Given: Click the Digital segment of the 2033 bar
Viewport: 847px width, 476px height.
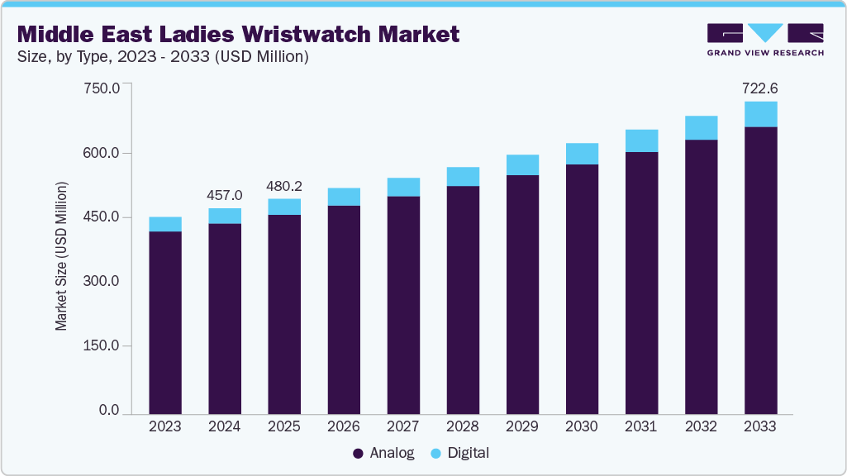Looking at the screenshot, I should point(760,114).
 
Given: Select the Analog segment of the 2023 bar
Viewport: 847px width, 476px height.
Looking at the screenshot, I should point(165,322).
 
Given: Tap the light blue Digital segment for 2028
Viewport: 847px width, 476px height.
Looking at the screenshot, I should point(463,176).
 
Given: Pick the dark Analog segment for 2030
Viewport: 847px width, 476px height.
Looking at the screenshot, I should point(582,289).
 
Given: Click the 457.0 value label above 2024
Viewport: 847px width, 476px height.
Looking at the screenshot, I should point(225,196).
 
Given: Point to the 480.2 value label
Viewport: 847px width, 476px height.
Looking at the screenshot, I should point(284,186).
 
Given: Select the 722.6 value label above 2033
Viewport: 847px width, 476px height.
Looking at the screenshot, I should point(760,88).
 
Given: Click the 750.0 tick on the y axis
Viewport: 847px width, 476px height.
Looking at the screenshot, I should point(103,88).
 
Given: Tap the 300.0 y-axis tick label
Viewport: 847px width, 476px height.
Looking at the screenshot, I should point(103,281).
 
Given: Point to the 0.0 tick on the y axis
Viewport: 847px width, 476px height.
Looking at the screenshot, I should point(110,410).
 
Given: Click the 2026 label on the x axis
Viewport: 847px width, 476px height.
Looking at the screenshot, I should point(344,426).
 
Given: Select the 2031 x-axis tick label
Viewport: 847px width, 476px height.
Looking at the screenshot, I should point(641,426).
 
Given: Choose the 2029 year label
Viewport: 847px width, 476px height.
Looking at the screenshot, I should point(522,426).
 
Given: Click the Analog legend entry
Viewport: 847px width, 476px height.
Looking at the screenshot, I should point(384,453).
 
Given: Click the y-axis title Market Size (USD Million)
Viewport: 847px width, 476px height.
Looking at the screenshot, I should point(62,254).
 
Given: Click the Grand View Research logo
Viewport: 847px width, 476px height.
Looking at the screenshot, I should point(765,39).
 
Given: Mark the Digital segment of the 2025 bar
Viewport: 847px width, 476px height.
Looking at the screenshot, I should point(284,207).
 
